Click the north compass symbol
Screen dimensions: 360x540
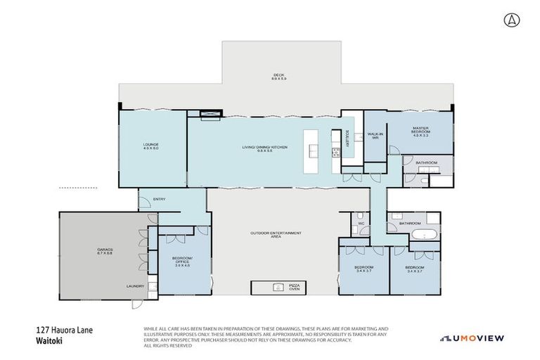(510, 20)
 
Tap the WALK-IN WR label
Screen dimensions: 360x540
(374, 136)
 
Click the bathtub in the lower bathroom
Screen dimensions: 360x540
(425, 234)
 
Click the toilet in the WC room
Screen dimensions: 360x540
(359, 215)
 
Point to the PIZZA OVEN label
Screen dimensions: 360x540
(295, 287)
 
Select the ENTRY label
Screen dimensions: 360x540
(159, 200)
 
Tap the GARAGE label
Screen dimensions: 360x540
(105, 251)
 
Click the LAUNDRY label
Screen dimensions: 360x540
(135, 286)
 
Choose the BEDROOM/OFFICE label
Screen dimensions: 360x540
(182, 260)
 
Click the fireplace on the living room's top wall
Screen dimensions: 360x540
(210, 115)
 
